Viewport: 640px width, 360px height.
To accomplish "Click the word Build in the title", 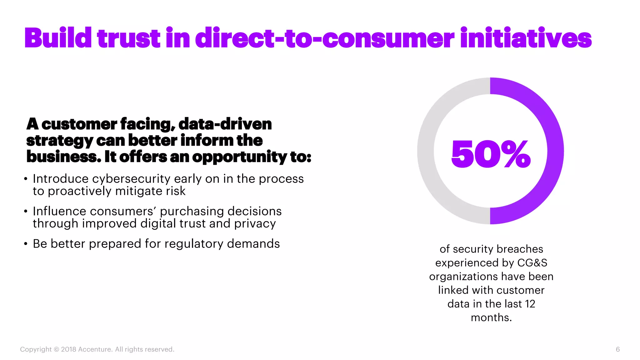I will (58, 38).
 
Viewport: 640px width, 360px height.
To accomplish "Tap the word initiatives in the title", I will (526, 38).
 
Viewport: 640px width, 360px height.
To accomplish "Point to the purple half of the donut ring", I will (556, 151).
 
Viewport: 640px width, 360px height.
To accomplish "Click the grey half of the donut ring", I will (425, 151).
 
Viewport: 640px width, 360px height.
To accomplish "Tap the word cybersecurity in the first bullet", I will (131, 179).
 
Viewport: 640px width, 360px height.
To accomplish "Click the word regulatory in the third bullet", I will (194, 244).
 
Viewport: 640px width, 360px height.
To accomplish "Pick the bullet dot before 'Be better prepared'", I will (26, 244).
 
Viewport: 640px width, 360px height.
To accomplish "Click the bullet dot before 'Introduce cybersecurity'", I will (26, 179).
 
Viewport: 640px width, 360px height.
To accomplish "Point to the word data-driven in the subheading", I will (225, 124).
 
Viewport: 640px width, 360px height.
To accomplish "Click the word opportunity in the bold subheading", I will (239, 157).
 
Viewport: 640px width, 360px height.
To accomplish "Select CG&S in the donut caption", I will (532, 263).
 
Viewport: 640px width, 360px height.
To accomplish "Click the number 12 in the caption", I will (530, 304).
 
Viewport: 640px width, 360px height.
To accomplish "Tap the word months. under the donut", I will (491, 317).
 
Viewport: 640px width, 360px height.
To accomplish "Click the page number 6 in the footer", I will (617, 349).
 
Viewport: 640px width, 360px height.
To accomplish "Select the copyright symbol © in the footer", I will (56, 349).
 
